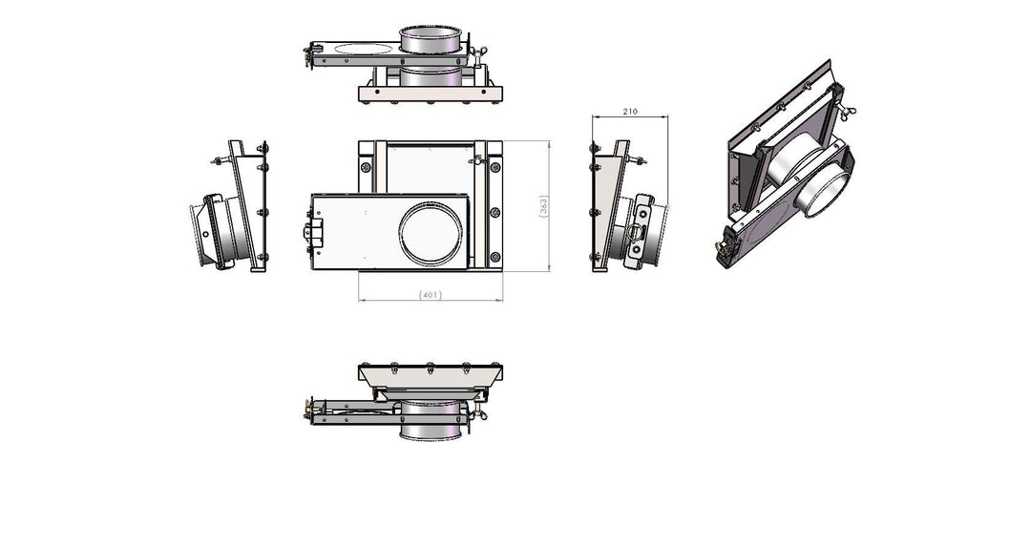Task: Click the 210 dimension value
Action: point(630,112)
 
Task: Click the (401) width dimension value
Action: point(430,295)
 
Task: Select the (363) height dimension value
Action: point(543,206)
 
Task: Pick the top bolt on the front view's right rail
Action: point(495,167)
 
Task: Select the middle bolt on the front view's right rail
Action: point(495,212)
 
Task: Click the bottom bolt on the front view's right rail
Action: point(495,257)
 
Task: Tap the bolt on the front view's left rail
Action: point(367,167)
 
